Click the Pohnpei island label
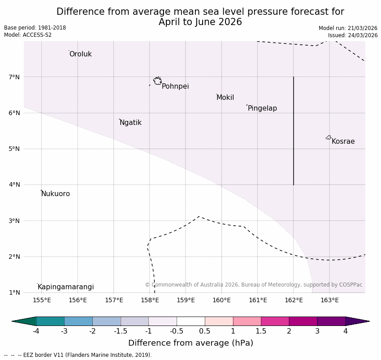click(175, 86)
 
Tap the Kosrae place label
click(343, 141)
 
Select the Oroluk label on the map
click(80, 54)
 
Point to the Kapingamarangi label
click(65, 287)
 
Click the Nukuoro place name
click(56, 194)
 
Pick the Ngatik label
click(130, 123)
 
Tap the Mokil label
click(225, 98)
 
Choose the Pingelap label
click(262, 108)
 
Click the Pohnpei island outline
click(157, 81)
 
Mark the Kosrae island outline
click(329, 137)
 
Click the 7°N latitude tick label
click(14, 77)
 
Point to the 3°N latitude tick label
click(14, 221)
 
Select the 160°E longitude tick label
click(221, 300)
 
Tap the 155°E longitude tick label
click(42, 300)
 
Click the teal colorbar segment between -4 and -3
click(50, 321)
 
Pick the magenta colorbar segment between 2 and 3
click(303, 321)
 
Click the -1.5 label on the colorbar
click(121, 331)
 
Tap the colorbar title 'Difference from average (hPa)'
click(190, 343)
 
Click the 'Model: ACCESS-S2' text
click(28, 35)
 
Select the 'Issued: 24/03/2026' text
click(352, 35)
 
